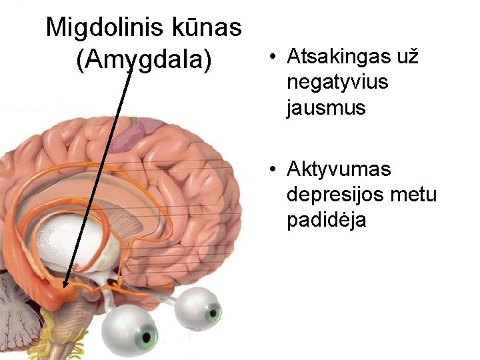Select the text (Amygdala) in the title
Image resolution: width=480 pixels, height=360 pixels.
coord(144,61)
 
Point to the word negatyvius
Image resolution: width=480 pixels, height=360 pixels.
coord(337,83)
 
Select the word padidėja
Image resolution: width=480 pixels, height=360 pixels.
coord(326,220)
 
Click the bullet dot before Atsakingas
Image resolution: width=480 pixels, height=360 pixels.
coord(273,58)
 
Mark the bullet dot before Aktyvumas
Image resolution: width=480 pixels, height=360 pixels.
coord(273,170)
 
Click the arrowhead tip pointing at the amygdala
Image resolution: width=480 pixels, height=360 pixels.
coord(65,286)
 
